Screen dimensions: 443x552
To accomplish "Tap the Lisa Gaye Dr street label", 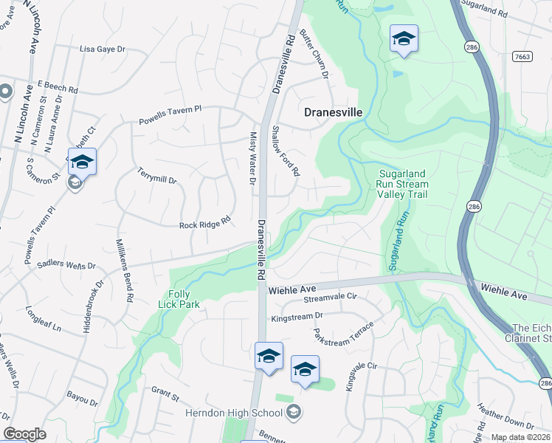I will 103,49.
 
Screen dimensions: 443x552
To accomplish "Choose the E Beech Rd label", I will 57,86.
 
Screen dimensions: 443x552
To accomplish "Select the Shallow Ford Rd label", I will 285,150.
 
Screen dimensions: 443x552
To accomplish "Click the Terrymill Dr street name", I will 156,175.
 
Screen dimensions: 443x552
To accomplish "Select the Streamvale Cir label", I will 331,297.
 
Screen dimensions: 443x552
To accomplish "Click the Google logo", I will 24,434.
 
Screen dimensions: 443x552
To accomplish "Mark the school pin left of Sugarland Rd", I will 404,38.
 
